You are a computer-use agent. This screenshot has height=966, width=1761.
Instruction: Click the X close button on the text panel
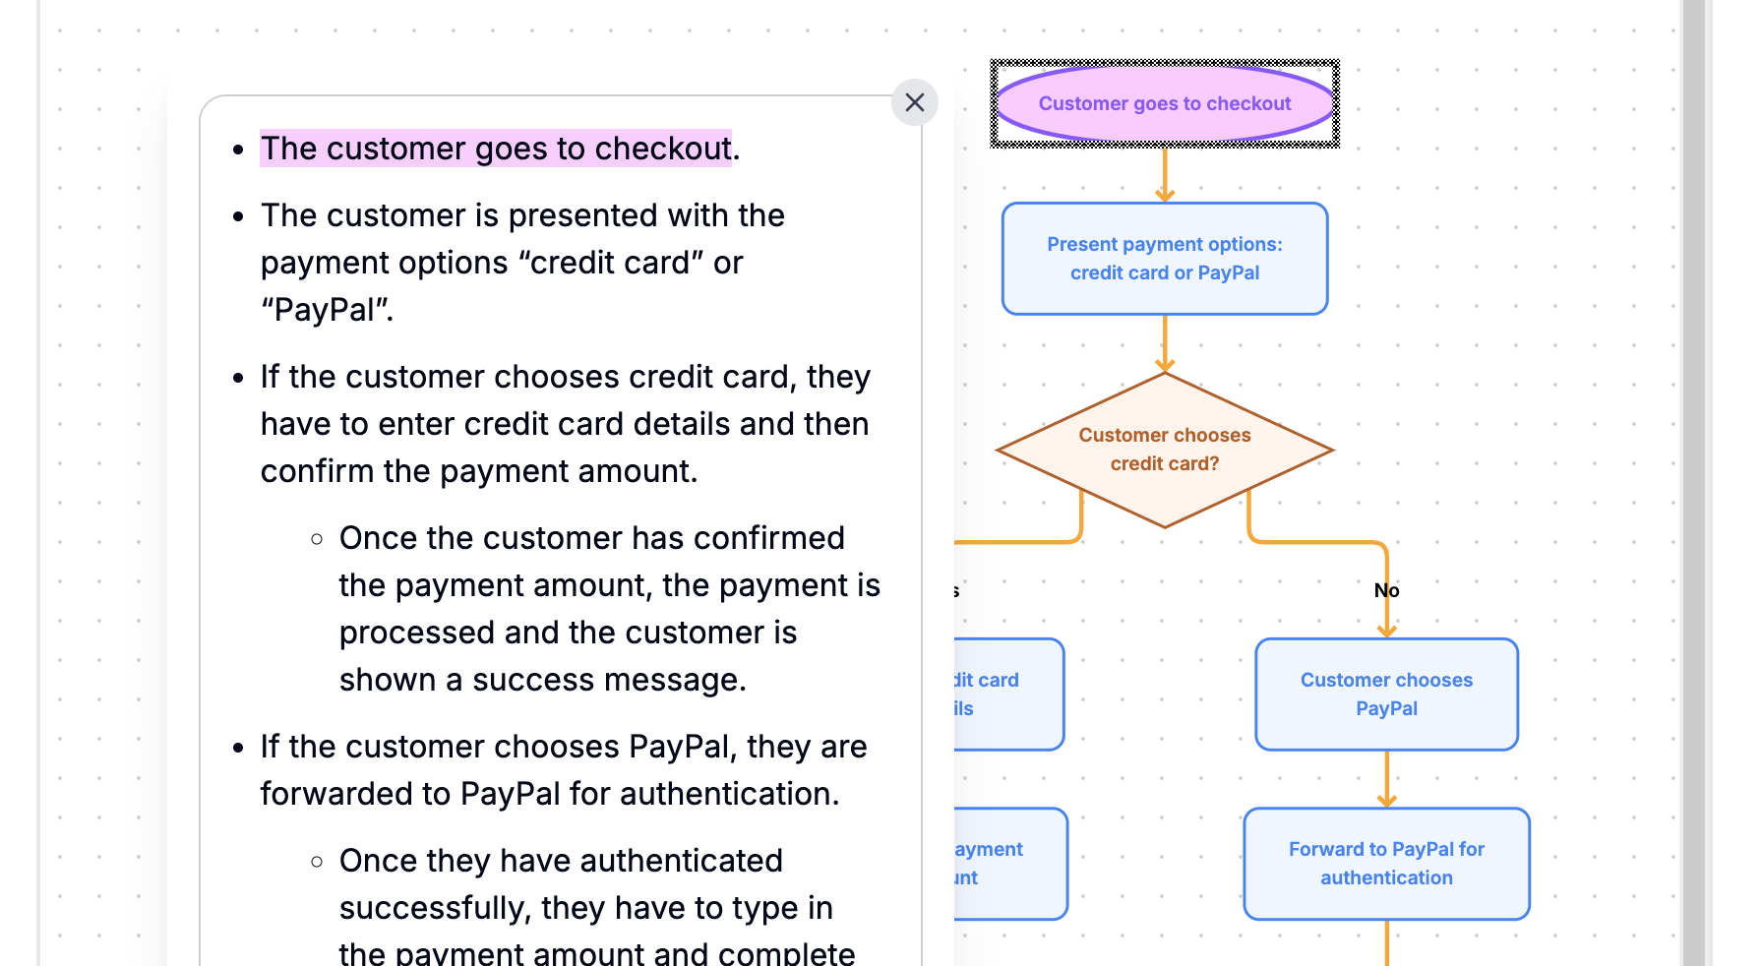(914, 102)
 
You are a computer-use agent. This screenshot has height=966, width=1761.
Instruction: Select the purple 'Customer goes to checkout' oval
(1164, 103)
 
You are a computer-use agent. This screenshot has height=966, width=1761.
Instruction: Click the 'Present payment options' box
(1164, 259)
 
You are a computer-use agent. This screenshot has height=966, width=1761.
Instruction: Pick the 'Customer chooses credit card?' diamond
(1164, 450)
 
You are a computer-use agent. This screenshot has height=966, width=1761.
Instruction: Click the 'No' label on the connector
(1386, 590)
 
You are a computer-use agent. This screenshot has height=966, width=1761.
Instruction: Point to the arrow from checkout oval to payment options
(1165, 175)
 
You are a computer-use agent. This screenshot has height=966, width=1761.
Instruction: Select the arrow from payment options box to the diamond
(1165, 343)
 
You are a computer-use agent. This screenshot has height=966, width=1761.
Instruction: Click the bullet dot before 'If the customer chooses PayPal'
(238, 748)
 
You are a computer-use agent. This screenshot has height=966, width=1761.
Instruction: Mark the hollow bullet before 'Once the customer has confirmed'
(317, 539)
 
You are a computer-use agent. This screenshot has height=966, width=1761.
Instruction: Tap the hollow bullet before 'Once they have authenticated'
(317, 862)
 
